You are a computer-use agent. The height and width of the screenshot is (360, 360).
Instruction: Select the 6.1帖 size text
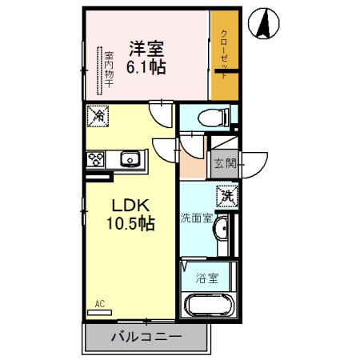tap(145, 69)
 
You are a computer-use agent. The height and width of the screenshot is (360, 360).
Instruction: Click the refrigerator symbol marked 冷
tap(98, 115)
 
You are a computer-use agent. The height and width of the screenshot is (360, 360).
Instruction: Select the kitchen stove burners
tap(98, 159)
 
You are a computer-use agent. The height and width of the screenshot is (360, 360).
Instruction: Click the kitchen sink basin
tap(130, 159)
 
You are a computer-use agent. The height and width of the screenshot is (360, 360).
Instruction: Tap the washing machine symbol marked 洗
tap(227, 194)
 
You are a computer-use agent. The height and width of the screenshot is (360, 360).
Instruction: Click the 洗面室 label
tap(195, 218)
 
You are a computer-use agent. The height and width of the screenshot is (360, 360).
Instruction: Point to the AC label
tap(100, 304)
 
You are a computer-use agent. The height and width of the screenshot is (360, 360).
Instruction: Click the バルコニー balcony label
tap(142, 337)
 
